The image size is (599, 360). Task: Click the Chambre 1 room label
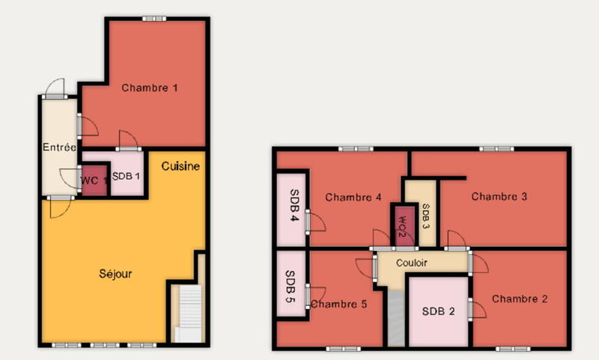click(x=150, y=88)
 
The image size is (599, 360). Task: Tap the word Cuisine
click(x=180, y=166)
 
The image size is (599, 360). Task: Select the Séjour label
click(x=115, y=274)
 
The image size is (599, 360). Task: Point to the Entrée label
click(x=59, y=147)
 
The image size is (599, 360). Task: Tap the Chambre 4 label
click(x=354, y=198)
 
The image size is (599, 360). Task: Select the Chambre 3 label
click(x=499, y=197)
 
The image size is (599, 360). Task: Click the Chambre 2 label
click(x=520, y=299)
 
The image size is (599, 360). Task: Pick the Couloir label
click(x=412, y=263)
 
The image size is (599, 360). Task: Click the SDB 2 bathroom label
click(x=439, y=311)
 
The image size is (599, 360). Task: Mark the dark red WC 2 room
click(x=401, y=224)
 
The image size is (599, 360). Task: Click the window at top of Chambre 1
click(x=154, y=19)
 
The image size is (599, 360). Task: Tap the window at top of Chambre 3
click(x=493, y=149)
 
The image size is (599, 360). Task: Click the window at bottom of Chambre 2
click(x=509, y=349)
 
